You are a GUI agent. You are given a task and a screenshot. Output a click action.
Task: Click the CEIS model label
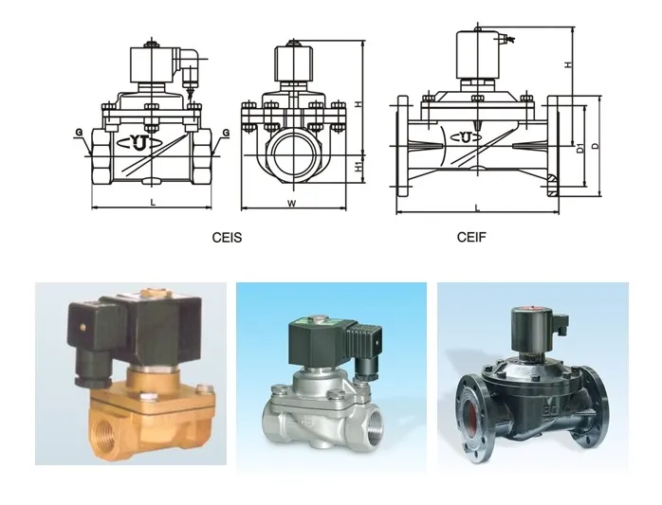coord(227,238)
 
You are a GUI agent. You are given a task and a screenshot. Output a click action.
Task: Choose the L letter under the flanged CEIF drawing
coord(477,207)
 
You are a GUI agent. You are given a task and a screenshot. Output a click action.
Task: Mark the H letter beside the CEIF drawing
coord(567,64)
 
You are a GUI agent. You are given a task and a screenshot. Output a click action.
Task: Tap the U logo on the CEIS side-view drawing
coord(143,144)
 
